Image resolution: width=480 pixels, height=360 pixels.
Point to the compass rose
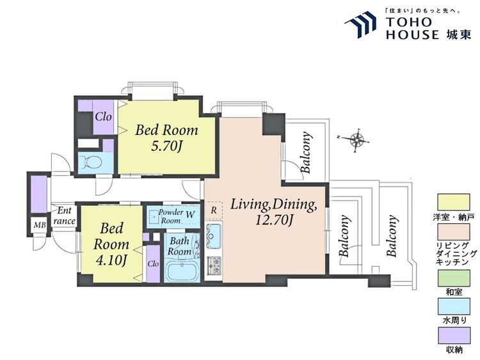click(356, 141)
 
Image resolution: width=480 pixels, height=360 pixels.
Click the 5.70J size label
click(166, 147)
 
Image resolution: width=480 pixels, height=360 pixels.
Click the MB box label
click(40, 226)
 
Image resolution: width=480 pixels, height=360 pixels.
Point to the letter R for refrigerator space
click(214, 210)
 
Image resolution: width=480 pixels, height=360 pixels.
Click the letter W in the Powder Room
click(190, 215)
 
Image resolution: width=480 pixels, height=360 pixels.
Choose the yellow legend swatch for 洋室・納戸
click(454, 202)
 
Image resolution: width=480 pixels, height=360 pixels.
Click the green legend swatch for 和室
click(454, 278)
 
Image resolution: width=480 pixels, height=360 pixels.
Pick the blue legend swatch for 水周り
click(454, 307)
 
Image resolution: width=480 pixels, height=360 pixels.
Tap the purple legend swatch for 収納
click(454, 336)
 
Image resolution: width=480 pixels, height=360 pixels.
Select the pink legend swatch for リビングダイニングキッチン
click(454, 232)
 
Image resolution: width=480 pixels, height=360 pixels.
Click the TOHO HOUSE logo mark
click(360, 25)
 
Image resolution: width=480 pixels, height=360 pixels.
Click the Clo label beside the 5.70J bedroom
click(103, 116)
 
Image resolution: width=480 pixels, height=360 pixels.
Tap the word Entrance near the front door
click(64, 215)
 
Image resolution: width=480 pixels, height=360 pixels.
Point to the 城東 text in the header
click(459, 35)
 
